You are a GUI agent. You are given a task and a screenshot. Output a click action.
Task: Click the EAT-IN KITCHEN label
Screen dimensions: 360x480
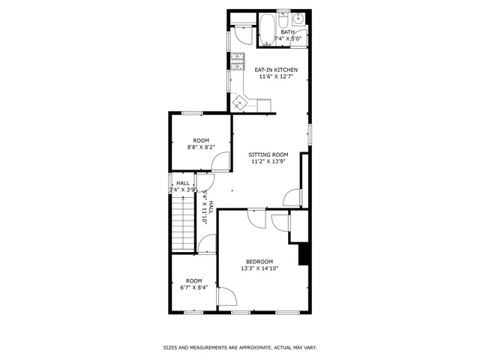[277, 70]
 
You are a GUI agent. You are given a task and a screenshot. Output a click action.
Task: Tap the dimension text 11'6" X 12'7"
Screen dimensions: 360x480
[277, 76]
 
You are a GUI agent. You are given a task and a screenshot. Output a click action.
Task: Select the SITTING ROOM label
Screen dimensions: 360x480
[268, 154]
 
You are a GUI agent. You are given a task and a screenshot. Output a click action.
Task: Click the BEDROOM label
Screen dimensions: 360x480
[259, 261]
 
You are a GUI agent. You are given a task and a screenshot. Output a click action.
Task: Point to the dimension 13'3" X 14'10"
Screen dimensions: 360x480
[259, 268]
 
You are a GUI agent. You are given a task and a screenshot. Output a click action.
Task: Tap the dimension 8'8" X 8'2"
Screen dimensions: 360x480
[200, 147]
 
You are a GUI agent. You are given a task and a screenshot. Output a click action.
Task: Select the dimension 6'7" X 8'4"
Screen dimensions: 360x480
[193, 287]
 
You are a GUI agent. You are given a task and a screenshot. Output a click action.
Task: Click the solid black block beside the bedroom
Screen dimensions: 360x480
[304, 254]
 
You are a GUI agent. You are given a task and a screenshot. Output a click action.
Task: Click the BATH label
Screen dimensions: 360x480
[287, 31]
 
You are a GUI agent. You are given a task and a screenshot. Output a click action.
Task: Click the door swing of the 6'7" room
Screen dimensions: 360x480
[207, 245]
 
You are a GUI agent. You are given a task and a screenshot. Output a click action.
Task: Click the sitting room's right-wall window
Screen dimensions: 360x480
[310, 135]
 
